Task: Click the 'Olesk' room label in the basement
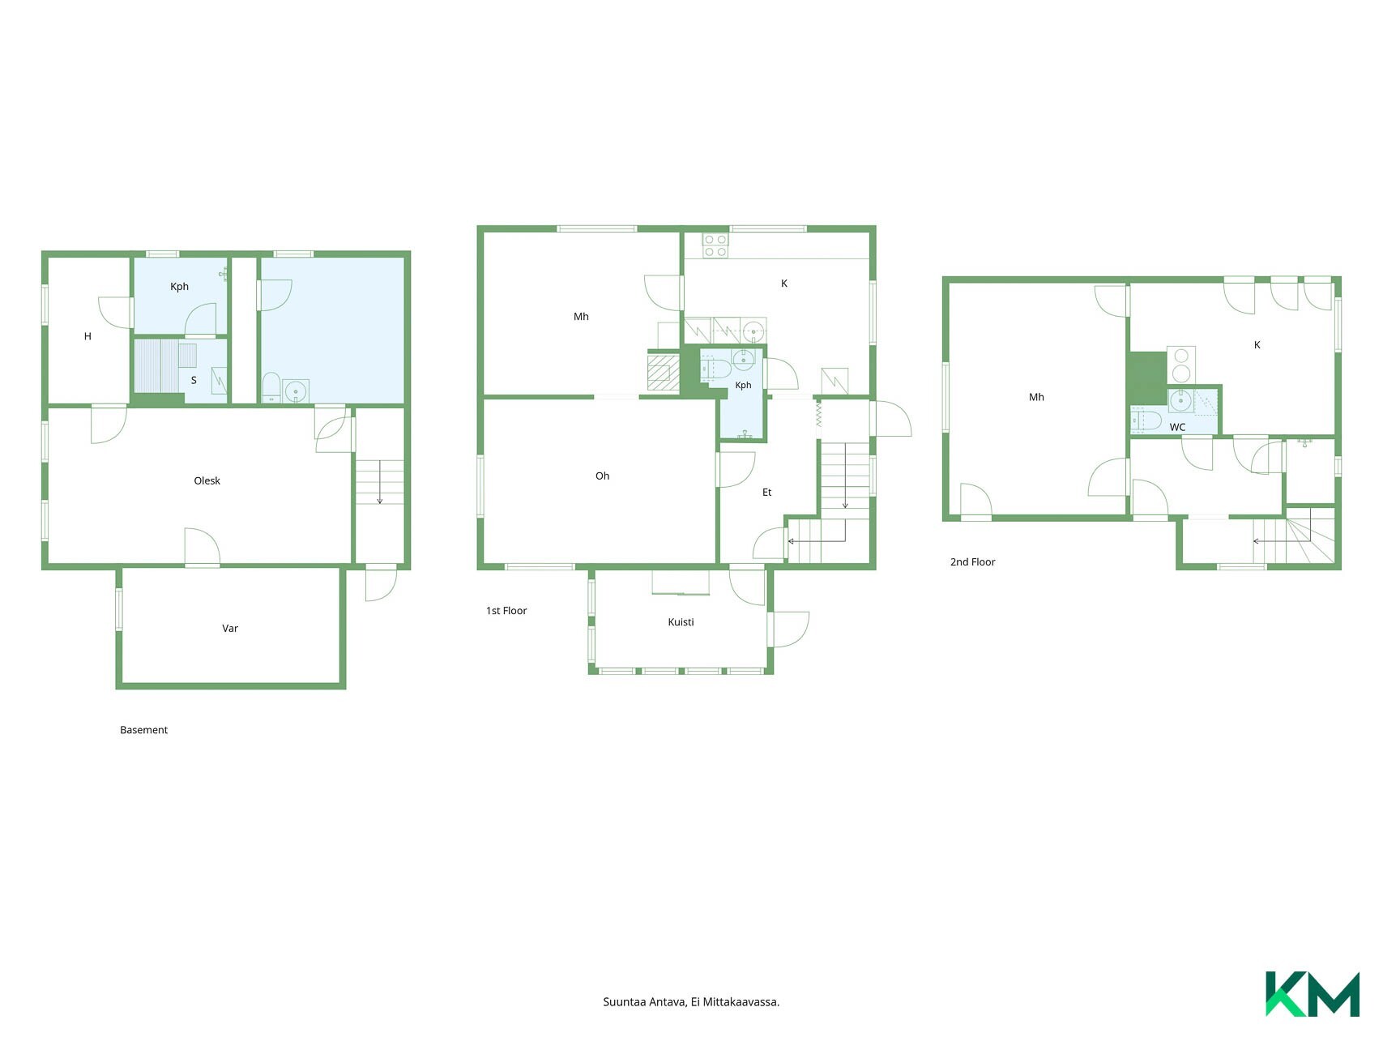click(207, 480)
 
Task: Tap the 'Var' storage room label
click(230, 628)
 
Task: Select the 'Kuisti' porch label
click(681, 622)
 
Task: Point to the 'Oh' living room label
click(602, 476)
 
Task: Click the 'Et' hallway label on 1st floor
click(766, 492)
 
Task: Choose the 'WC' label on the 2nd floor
click(1177, 427)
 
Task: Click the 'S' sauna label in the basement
click(194, 380)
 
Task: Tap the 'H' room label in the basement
click(88, 336)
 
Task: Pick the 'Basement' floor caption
click(143, 730)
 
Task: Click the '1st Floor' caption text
click(506, 611)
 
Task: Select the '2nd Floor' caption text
click(972, 561)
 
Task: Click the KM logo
click(1313, 993)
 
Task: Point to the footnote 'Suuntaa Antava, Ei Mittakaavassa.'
click(691, 1002)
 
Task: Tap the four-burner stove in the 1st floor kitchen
click(715, 245)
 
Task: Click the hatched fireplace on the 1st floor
click(664, 373)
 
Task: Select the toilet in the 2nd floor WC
click(1145, 420)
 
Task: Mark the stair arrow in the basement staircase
click(379, 482)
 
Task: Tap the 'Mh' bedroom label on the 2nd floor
click(1036, 397)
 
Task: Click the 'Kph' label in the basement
click(179, 287)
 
